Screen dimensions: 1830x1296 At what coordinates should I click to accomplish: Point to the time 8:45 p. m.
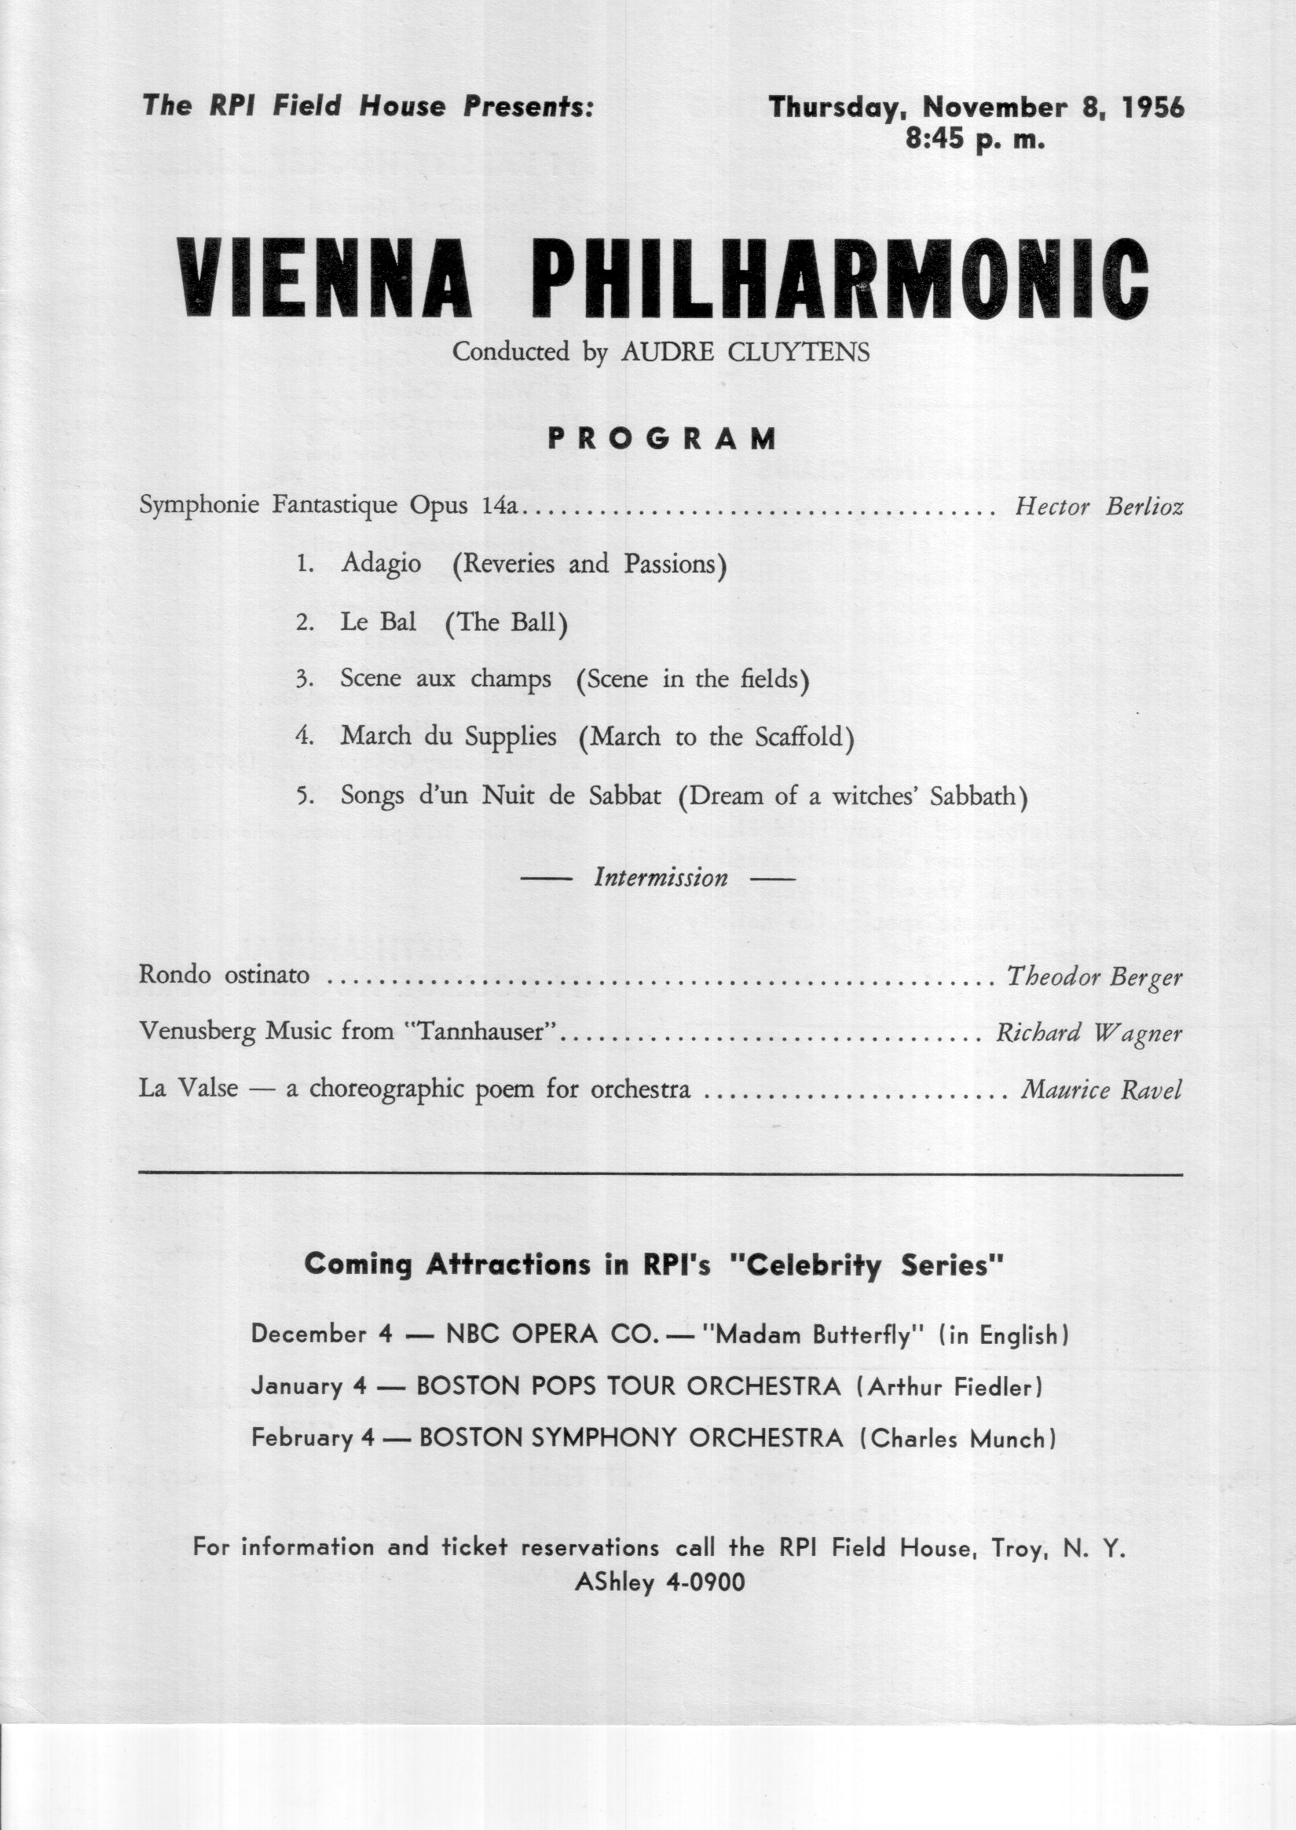(976, 141)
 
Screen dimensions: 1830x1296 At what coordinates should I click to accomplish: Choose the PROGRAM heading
(661, 438)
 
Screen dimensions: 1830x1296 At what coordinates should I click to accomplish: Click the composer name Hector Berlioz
(1099, 507)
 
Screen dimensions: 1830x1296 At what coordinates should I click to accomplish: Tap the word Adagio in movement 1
(381, 563)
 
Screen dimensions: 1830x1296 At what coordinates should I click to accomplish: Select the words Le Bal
(379, 622)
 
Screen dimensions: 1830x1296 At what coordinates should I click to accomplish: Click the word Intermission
(661, 879)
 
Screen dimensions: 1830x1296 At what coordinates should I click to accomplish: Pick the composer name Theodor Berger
(1094, 976)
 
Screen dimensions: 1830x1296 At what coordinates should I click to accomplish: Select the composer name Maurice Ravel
(1101, 1089)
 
